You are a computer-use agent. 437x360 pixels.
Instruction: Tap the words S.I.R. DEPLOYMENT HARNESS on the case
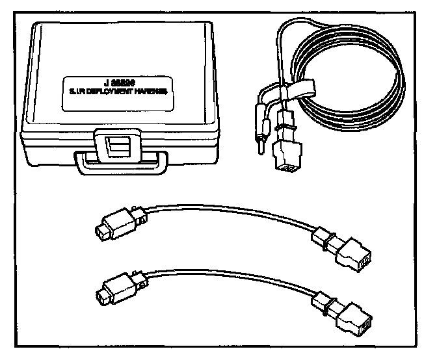click(x=118, y=92)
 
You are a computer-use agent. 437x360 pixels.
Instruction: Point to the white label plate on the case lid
click(x=118, y=88)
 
